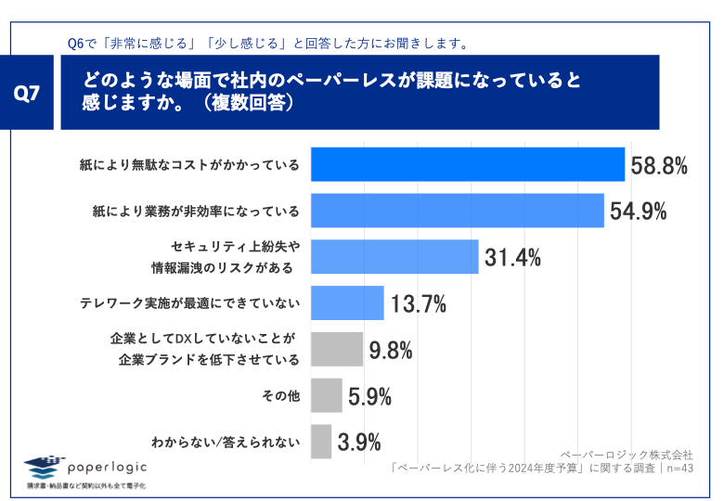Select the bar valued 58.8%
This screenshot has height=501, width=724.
click(x=467, y=165)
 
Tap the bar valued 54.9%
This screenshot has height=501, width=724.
click(x=457, y=211)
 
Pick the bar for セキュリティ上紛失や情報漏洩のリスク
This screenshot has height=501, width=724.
click(x=394, y=257)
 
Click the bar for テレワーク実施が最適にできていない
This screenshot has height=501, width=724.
click(x=346, y=302)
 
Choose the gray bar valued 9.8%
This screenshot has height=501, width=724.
click(x=336, y=350)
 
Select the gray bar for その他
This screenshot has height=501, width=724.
click(x=326, y=395)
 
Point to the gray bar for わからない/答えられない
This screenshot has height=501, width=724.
click(x=320, y=442)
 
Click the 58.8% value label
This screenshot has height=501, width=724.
click(x=659, y=166)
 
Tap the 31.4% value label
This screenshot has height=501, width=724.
click(x=512, y=258)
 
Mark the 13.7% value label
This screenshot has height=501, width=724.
click(x=418, y=303)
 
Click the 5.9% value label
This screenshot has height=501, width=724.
click(x=369, y=397)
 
